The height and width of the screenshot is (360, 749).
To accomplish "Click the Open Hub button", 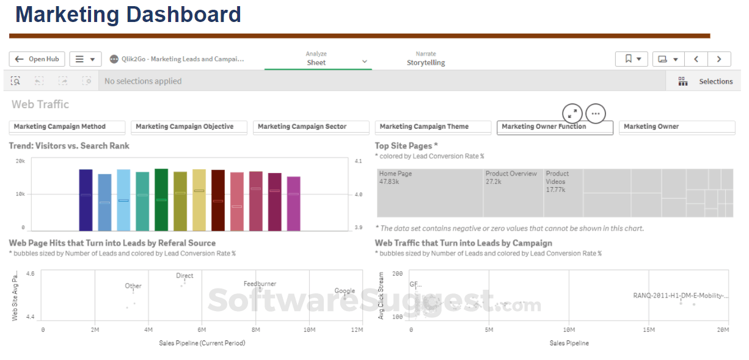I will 37,59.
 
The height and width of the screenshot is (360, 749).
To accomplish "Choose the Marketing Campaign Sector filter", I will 311,127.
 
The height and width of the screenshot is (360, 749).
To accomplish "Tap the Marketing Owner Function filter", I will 554,127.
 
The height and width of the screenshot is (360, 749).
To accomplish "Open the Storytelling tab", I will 426,63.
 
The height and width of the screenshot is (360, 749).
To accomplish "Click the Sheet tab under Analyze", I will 316,62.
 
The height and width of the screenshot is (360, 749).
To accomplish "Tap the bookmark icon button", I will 631,59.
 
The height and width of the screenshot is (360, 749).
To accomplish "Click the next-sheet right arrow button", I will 719,59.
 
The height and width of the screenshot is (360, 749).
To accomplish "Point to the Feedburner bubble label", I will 260,284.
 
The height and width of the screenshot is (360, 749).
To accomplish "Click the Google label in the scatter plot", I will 345,291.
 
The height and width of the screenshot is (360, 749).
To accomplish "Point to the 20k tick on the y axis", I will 20,161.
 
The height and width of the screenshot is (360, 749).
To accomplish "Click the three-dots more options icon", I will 596,114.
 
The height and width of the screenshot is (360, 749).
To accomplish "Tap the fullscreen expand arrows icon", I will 572,114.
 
